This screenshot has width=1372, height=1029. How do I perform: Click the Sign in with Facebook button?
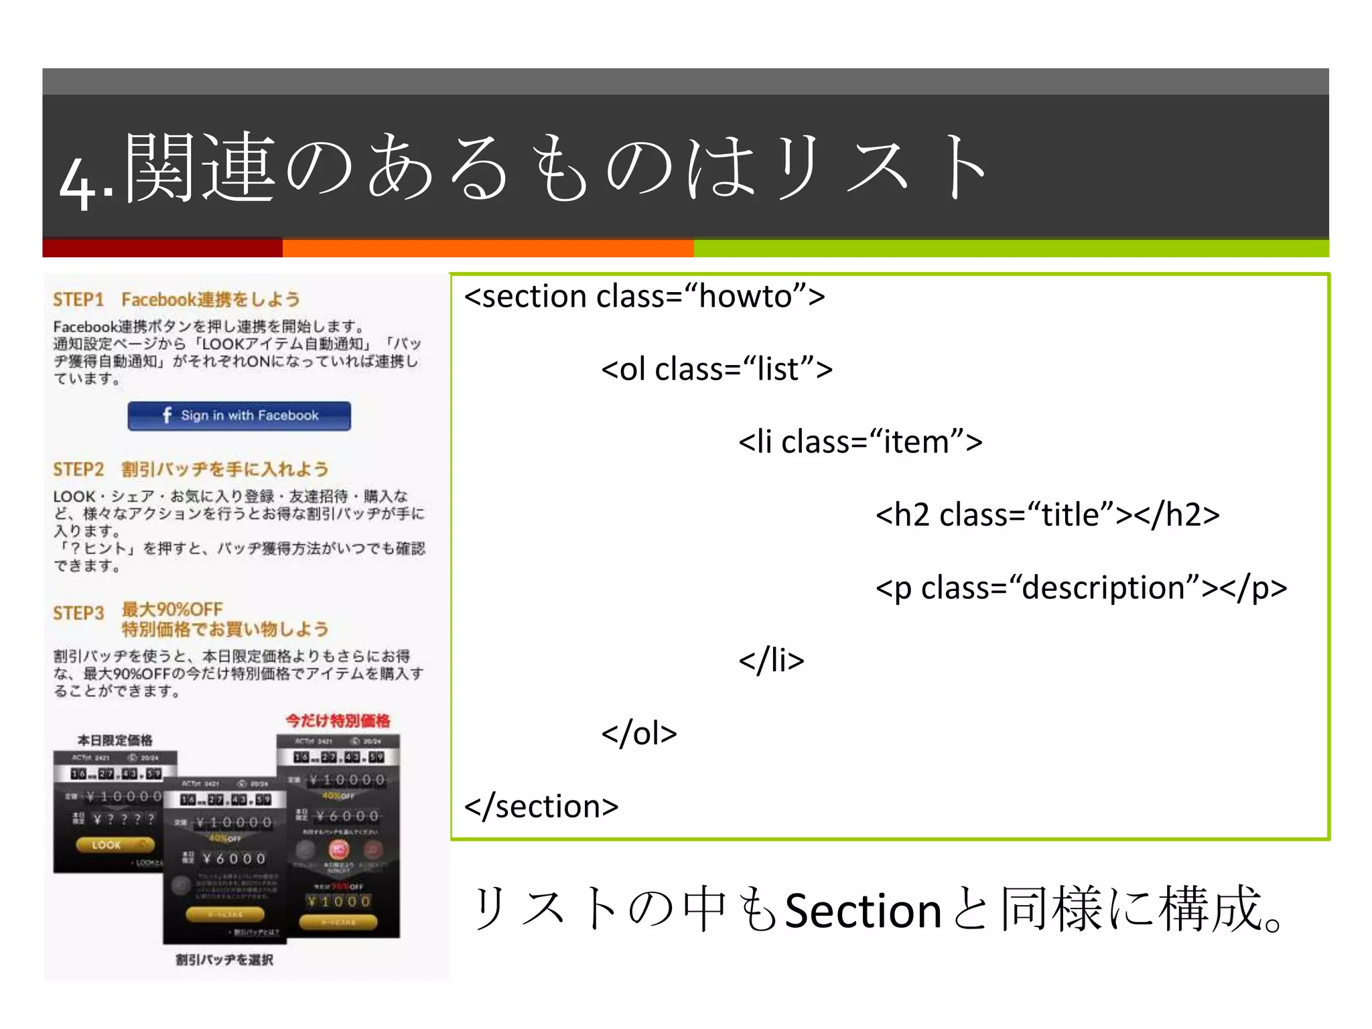tap(239, 415)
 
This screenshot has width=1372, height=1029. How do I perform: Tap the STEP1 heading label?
tap(78, 299)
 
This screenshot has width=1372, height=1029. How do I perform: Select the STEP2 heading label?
tap(78, 469)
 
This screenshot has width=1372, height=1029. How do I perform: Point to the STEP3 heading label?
tap(78, 613)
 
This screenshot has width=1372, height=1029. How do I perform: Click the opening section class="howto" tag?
tap(644, 296)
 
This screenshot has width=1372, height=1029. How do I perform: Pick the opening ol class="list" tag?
tap(716, 369)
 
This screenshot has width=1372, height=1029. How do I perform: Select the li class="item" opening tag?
tap(860, 442)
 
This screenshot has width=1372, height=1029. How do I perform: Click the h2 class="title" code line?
tap(1047, 515)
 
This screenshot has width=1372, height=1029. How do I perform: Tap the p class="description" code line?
tap(1081, 588)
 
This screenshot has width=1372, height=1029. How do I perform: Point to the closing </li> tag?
tap(770, 661)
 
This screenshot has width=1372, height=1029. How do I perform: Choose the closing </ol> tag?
tap(638, 734)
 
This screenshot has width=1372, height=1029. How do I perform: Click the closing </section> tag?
tap(541, 806)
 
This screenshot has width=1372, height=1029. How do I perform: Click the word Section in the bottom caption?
tap(863, 911)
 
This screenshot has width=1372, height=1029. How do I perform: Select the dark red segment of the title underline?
tap(162, 248)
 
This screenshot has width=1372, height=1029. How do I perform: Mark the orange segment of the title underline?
tap(488, 248)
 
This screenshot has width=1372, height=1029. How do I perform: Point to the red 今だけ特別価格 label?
tap(338, 721)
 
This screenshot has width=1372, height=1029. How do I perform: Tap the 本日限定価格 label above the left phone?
tap(115, 740)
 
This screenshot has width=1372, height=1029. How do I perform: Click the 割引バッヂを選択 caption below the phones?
tap(224, 960)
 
